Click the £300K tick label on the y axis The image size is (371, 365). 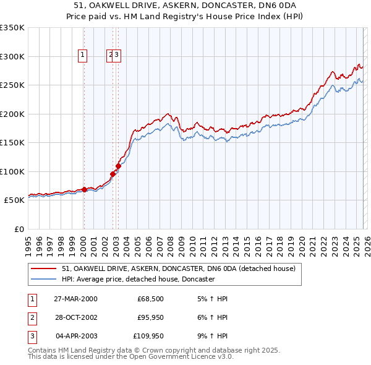tap(12, 56)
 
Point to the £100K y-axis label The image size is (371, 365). tap(12, 171)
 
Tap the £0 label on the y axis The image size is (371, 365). tap(19, 229)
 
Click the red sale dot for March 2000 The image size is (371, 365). tap(85, 189)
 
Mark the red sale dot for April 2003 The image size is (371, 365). tap(118, 166)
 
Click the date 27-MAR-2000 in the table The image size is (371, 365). tap(75, 299)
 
